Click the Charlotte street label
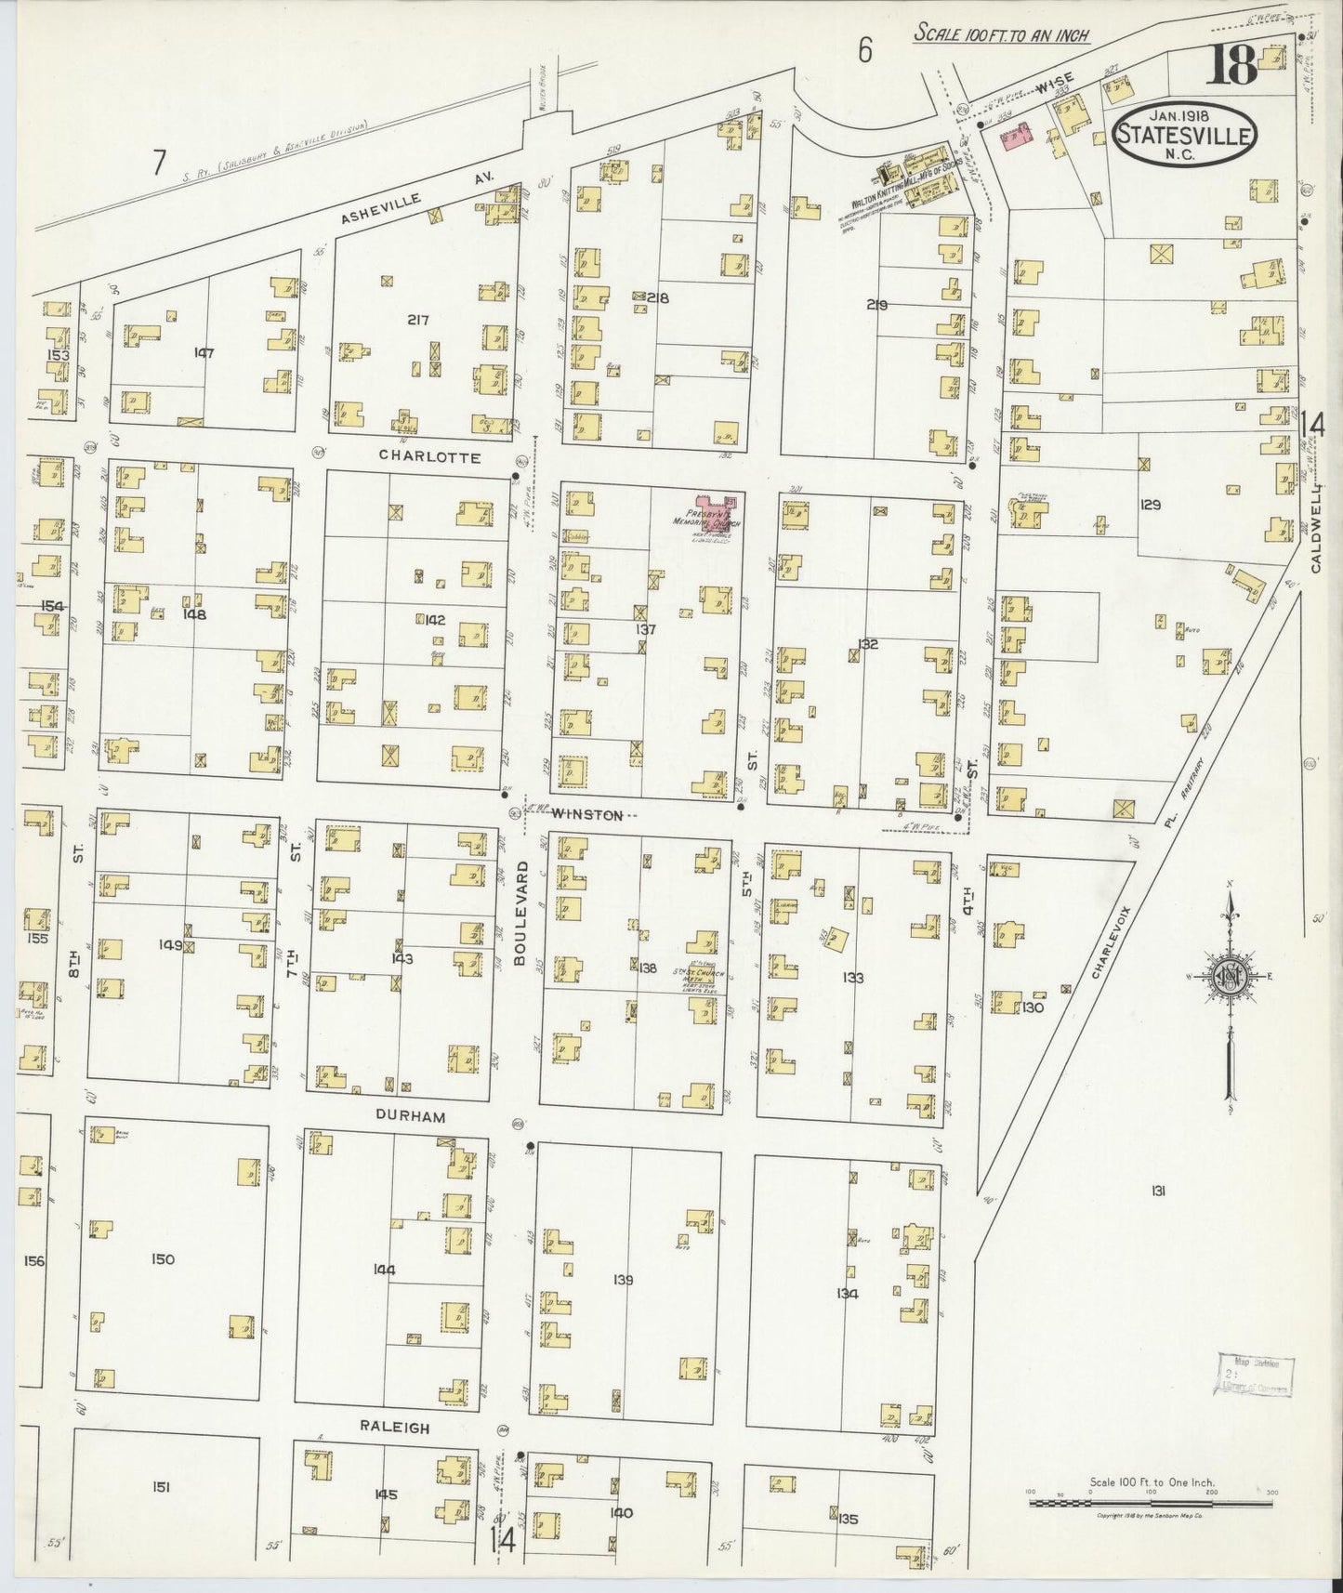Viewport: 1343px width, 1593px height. [x=429, y=457]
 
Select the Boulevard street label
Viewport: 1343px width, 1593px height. [x=523, y=915]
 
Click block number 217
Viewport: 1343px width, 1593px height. [x=417, y=320]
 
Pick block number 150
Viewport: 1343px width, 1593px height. [x=163, y=1259]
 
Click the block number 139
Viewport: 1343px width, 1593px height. [x=623, y=1280]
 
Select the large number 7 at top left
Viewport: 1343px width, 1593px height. [x=159, y=163]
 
